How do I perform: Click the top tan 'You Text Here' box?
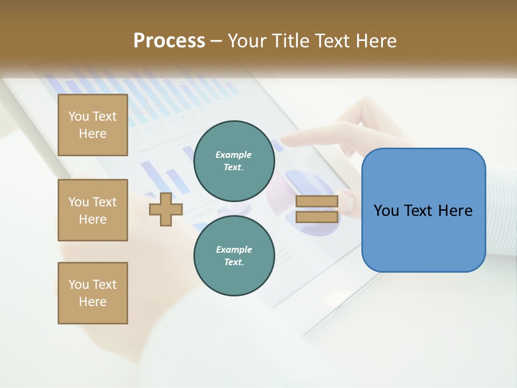(93, 125)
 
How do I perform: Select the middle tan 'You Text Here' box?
(93, 210)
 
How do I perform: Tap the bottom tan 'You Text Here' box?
(93, 293)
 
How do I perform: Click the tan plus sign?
(166, 209)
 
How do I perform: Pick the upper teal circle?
(234, 161)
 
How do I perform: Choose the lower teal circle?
(234, 255)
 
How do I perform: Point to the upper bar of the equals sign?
(317, 202)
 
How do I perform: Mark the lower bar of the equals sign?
(317, 217)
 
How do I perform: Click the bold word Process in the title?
(169, 41)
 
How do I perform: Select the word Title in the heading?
(292, 41)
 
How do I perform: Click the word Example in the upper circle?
(234, 155)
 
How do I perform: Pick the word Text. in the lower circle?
(234, 262)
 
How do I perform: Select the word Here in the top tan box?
(93, 134)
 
